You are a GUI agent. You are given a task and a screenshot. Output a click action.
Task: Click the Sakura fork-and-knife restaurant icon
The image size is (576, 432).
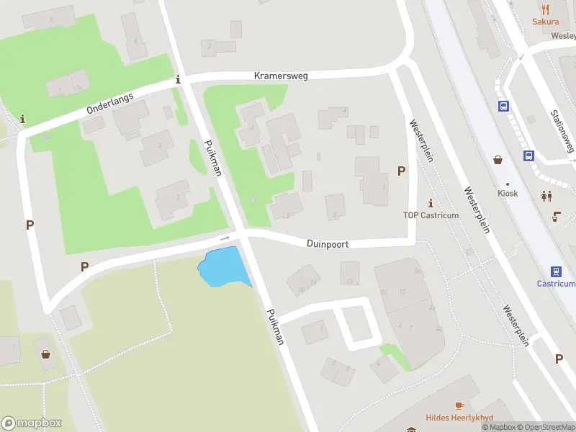pyautogui.click(x=545, y=9)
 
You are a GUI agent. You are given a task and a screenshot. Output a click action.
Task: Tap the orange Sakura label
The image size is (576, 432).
pyautogui.click(x=545, y=22)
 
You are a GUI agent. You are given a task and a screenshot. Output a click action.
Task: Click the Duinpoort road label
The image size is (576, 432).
pyautogui.click(x=328, y=244)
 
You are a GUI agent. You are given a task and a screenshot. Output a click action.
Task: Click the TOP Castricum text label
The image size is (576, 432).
pyautogui.click(x=431, y=215)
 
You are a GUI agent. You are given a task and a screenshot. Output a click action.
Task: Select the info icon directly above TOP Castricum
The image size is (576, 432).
pyautogui.click(x=431, y=202)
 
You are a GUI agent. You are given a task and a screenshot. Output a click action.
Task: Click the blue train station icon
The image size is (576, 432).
pyautogui.click(x=556, y=271)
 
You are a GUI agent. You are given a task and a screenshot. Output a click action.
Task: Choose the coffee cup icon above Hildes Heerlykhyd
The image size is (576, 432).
pyautogui.click(x=458, y=405)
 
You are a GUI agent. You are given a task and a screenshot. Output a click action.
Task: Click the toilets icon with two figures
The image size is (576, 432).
pyautogui.click(x=546, y=195)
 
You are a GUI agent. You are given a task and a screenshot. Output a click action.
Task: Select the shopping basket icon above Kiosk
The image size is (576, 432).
pyautogui.click(x=498, y=160)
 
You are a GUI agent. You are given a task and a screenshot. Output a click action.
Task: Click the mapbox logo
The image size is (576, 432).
pyautogui.click(x=32, y=423)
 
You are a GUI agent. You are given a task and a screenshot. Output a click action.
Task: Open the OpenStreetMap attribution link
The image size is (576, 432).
pyautogui.click(x=546, y=428)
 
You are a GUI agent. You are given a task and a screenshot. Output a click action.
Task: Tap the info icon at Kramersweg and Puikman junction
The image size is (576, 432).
pyautogui.click(x=179, y=80)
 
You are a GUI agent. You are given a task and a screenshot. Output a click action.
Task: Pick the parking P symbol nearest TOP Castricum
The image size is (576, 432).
pyautogui.click(x=401, y=171)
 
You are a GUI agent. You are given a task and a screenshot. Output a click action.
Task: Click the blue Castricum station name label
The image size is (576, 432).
pyautogui.click(x=556, y=284)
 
